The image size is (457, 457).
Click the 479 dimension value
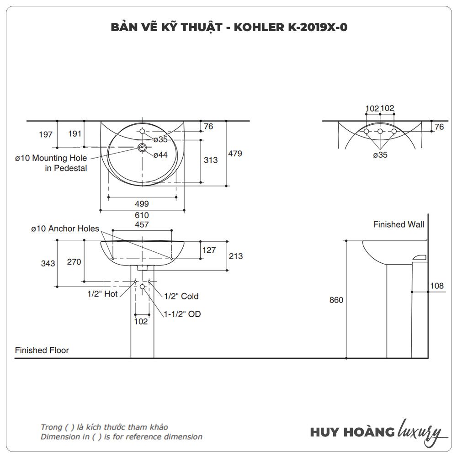click(235, 154)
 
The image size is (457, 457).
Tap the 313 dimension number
click(211, 160)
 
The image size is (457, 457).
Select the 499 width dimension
click(142, 204)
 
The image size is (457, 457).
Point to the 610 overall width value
click(142, 215)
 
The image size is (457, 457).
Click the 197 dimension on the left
click(46, 134)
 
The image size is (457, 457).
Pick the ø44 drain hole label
click(160, 155)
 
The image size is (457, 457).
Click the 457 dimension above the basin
click(141, 224)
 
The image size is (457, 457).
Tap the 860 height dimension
click(336, 300)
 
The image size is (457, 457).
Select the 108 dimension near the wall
click(437, 286)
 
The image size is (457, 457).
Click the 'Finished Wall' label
click(399, 224)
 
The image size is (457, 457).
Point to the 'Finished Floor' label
click(42, 350)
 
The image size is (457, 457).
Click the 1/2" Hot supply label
click(103, 294)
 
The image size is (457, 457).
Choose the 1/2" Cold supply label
click(181, 296)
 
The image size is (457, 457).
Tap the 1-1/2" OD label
click(182, 314)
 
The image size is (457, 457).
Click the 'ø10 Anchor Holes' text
click(65, 228)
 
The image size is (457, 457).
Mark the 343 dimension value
click(48, 263)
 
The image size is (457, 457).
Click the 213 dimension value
click(236, 256)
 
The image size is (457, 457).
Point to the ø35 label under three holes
click(380, 155)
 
